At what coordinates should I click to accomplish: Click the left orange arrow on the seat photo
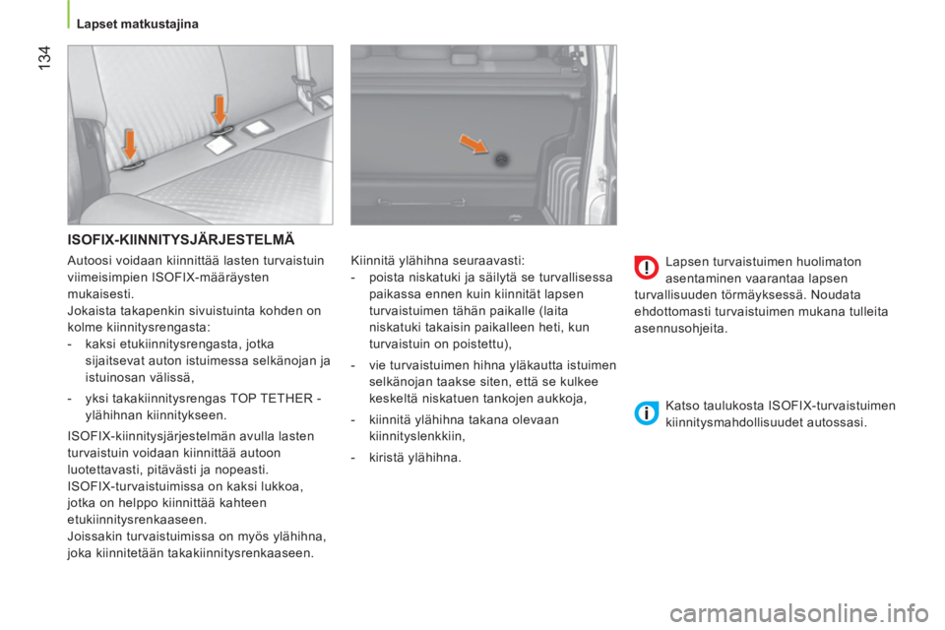[x=130, y=147]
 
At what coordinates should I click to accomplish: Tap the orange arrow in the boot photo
[x=473, y=144]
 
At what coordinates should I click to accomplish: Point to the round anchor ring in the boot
[x=501, y=158]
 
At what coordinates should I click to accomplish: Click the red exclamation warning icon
[x=646, y=268]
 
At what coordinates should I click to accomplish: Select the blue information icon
[x=646, y=412]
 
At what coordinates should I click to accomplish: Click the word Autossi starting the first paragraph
[x=90, y=261]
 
